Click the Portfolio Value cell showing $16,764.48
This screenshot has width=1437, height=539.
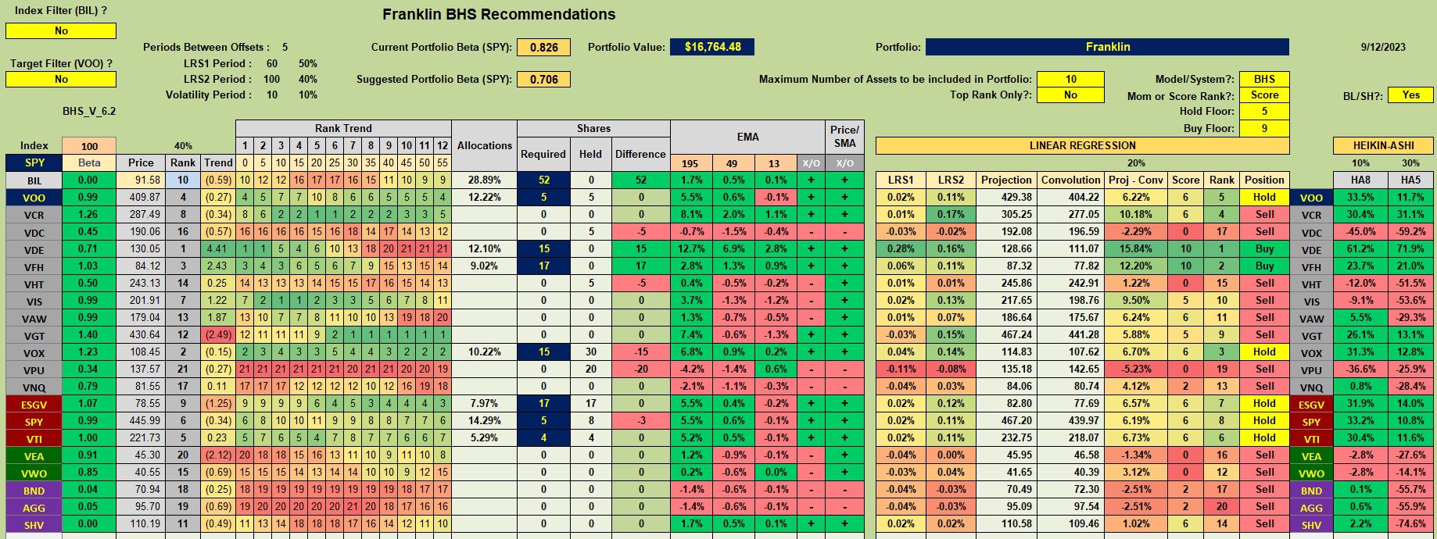[x=712, y=47]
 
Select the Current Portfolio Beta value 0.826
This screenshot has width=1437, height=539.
[x=543, y=47]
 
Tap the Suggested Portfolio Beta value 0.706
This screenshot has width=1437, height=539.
[x=543, y=79]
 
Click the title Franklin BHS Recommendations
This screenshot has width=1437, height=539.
[x=499, y=14]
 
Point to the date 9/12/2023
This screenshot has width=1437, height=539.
[x=1383, y=47]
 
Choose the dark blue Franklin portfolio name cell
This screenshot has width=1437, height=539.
[x=1107, y=47]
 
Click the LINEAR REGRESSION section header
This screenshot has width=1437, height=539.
[x=1082, y=145]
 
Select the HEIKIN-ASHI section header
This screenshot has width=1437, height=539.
[x=1383, y=145]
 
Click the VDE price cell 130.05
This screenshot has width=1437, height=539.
[x=141, y=249]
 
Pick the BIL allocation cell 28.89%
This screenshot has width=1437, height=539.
[x=484, y=180]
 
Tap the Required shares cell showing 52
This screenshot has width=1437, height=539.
[x=543, y=180]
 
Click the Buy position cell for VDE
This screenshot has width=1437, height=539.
[x=1264, y=248]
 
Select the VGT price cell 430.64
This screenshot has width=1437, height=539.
[x=141, y=335]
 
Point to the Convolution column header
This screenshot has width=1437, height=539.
[x=1070, y=180]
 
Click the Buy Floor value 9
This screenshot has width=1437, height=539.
[x=1264, y=128]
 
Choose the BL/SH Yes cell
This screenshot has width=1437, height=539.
[x=1410, y=95]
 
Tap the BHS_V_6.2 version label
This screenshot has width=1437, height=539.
[x=89, y=112]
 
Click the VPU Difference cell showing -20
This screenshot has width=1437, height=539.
[x=640, y=369]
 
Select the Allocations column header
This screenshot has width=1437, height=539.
[x=484, y=145]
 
